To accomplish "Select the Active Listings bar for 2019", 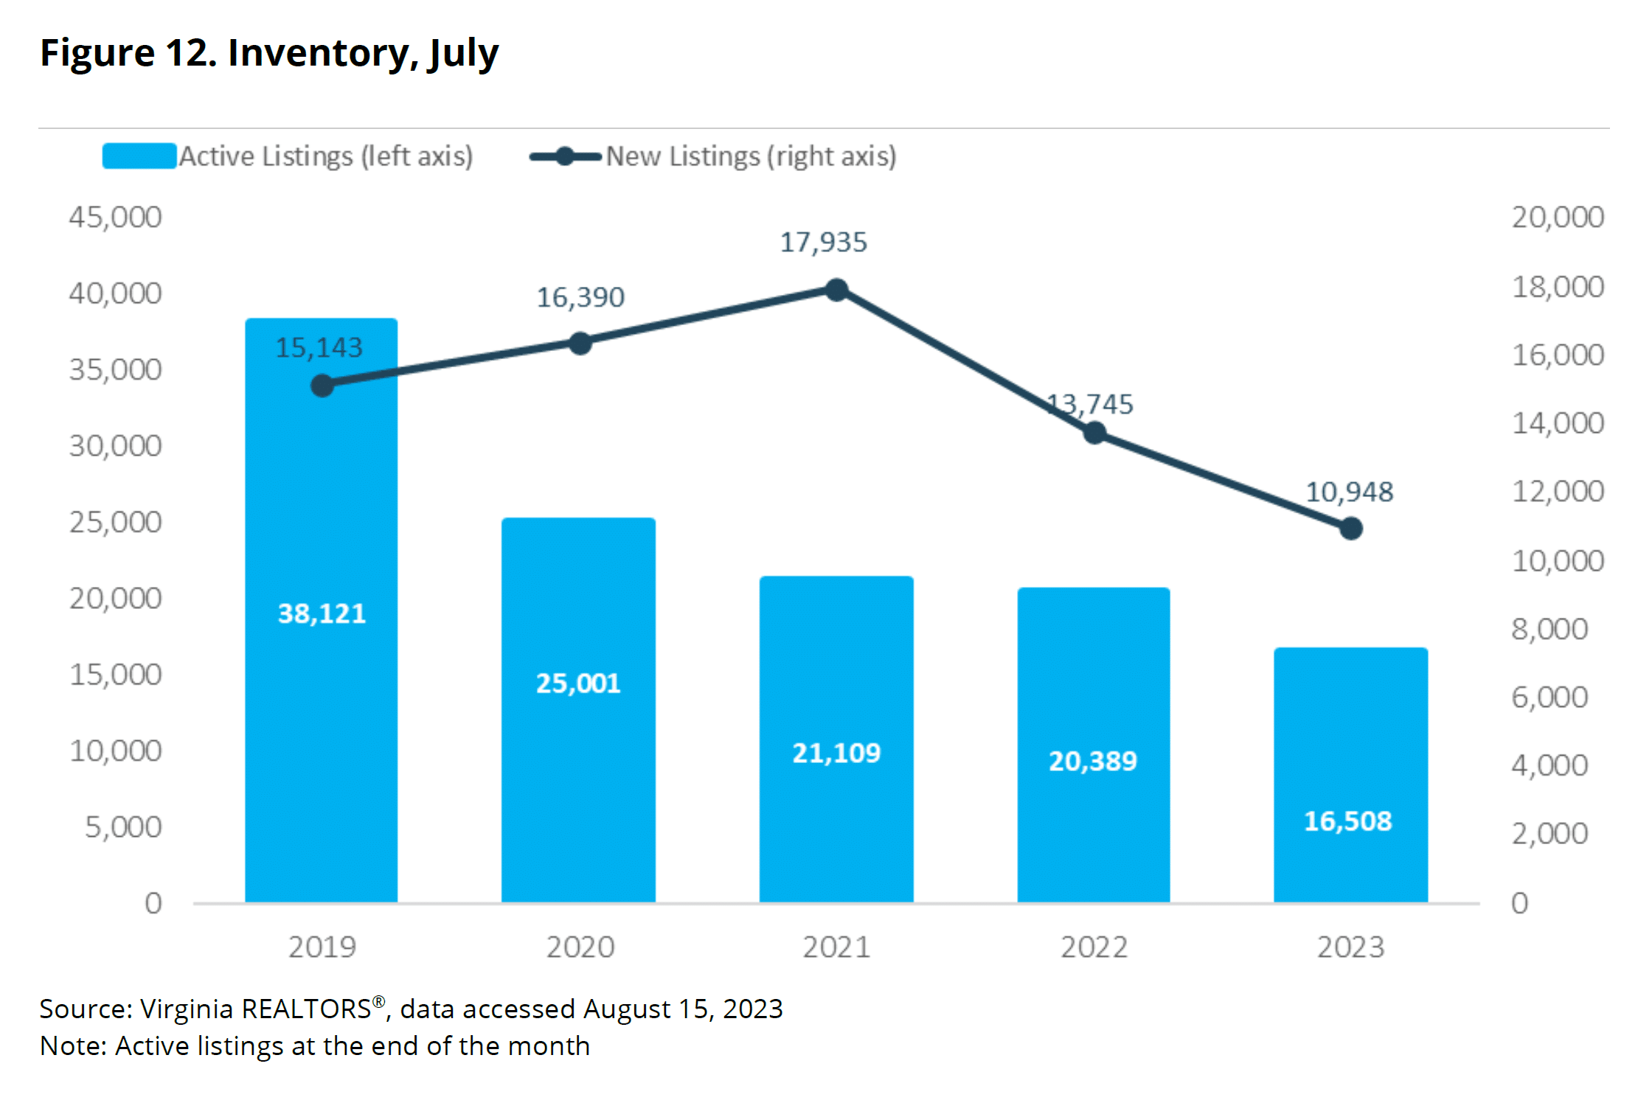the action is click(321, 610).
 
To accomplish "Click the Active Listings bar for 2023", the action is click(1350, 775).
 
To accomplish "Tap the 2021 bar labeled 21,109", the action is click(836, 739).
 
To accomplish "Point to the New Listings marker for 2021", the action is click(836, 290).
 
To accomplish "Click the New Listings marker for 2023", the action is click(1350, 529).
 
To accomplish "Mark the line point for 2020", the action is click(580, 344).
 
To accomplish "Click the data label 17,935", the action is click(823, 243).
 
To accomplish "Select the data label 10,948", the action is click(1350, 492).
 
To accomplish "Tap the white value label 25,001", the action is click(578, 683).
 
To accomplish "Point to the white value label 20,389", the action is click(1093, 761).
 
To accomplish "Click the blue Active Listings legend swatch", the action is click(139, 156).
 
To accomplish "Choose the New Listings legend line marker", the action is click(565, 156).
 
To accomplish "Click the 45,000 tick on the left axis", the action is click(115, 217).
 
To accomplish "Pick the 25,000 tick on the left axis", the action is click(115, 522).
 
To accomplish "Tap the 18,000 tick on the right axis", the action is click(1558, 287).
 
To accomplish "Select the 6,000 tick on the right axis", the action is click(1549, 697).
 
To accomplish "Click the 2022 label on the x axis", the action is click(1094, 947).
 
